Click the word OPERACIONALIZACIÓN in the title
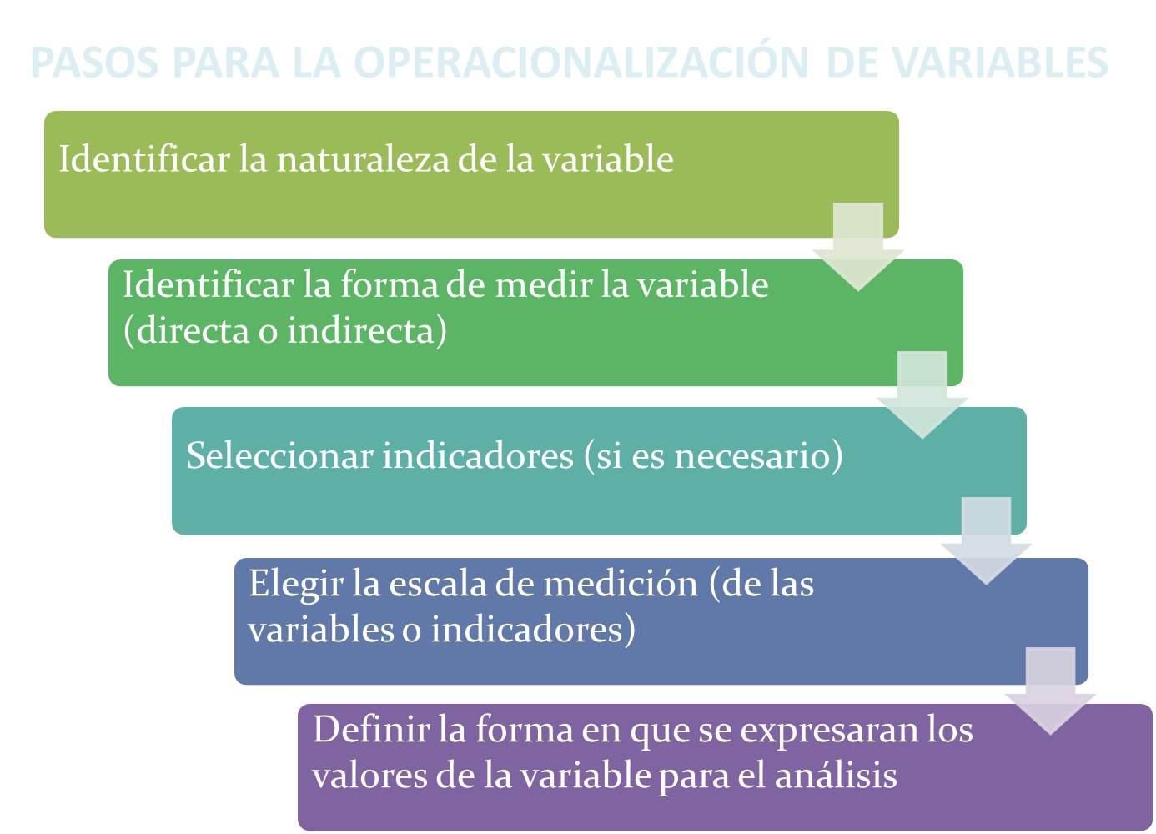[581, 63]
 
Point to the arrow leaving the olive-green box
[858, 246]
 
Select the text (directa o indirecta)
[285, 331]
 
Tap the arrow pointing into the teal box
[922, 394]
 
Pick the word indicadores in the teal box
[478, 456]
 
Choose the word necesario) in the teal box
[757, 456]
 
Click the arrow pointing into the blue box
[986, 540]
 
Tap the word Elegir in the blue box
[295, 584]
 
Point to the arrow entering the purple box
[1050, 691]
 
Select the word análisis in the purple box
[836, 776]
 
